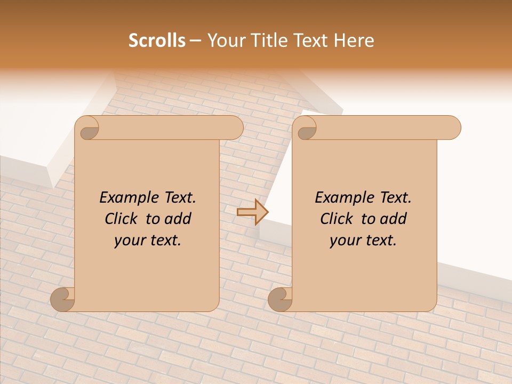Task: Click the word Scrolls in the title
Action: tap(157, 41)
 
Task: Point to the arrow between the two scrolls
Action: tap(252, 212)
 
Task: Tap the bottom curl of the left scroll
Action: tap(62, 299)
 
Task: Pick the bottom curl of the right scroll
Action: tap(280, 299)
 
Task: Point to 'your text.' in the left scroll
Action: tap(148, 241)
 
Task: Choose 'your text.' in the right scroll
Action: tap(363, 241)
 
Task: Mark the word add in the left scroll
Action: tap(178, 219)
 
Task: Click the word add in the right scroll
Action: tap(394, 219)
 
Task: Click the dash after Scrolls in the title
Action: tap(195, 41)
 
